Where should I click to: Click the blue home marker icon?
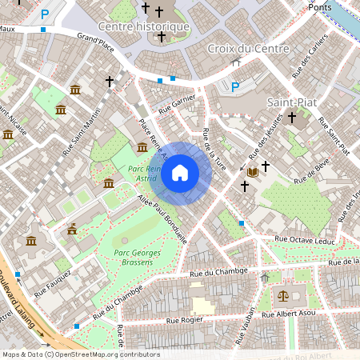coord(180,173)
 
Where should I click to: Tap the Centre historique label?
coord(143,26)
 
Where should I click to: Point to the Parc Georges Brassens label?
coord(127,259)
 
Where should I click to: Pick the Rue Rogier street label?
coord(185,320)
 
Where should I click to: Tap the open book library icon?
coord(253,172)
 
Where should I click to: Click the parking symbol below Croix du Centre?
coord(235,87)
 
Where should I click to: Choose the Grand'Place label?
coord(96,42)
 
